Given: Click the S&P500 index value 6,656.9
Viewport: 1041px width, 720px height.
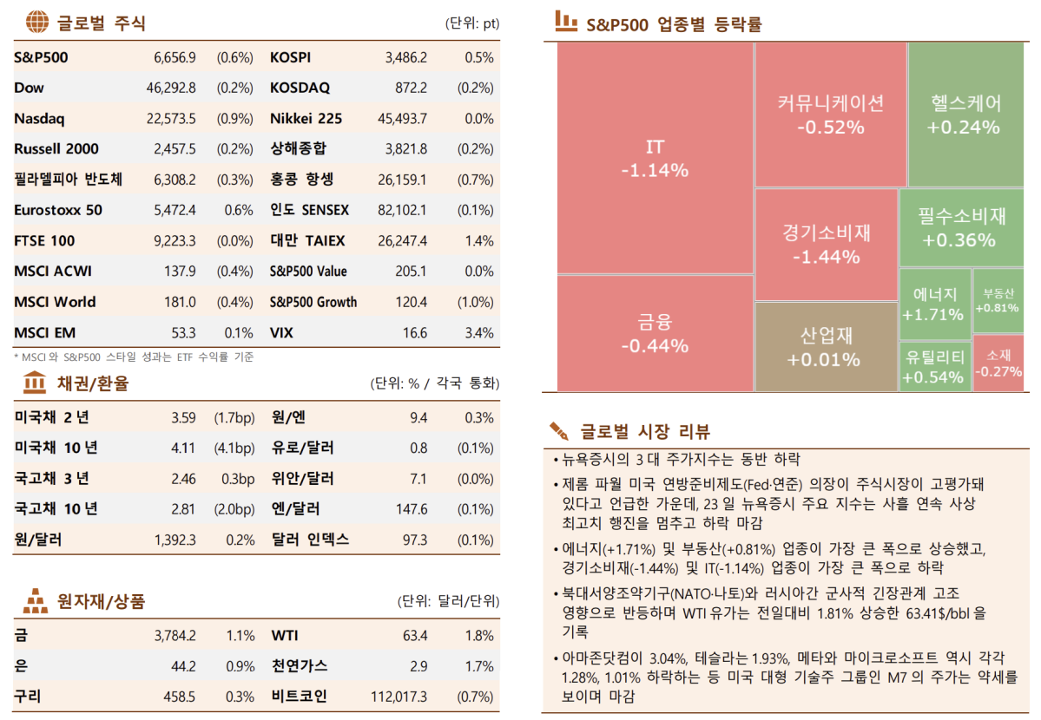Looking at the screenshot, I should point(175,58).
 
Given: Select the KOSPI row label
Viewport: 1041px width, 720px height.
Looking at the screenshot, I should point(290,58).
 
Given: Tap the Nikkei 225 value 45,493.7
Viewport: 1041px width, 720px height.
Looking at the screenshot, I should point(402,119).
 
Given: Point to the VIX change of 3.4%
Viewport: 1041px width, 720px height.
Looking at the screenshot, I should point(479,333).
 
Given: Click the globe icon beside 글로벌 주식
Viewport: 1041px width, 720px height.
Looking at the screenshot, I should point(37,23).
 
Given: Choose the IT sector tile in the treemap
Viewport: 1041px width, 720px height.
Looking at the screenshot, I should point(655,158).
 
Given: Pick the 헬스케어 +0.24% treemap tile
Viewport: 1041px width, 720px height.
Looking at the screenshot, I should point(964,115).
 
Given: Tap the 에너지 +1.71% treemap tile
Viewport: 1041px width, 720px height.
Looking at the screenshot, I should point(933,304).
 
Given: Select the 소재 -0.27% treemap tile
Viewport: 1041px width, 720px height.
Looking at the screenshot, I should point(998,363).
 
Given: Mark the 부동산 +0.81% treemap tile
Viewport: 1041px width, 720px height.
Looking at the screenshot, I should point(998,300).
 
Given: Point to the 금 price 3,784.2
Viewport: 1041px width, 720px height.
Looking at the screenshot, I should point(175,636).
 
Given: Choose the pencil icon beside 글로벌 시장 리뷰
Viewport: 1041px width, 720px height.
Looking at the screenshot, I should point(560,430).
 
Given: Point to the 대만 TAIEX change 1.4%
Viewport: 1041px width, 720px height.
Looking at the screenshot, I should point(479,241).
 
